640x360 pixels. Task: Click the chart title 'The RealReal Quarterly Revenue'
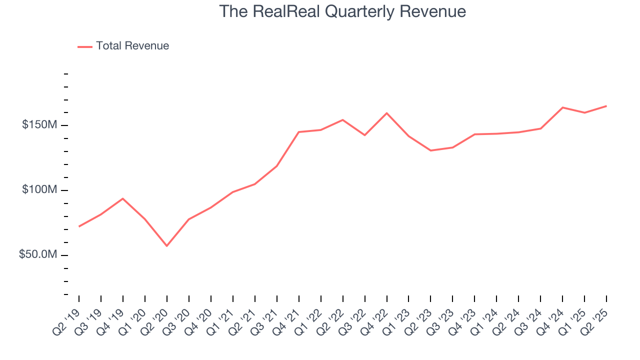point(342,12)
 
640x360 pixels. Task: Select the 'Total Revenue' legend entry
point(132,46)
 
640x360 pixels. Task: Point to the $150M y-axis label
point(39,124)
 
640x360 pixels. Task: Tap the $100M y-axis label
point(39,190)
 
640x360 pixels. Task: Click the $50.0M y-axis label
point(38,255)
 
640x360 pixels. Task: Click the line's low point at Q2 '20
point(167,246)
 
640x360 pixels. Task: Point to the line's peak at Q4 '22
point(387,113)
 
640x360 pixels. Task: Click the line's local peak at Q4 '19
point(123,198)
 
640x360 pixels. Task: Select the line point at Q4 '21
point(299,132)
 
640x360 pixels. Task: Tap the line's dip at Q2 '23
point(431,150)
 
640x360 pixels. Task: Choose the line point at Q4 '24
point(563,107)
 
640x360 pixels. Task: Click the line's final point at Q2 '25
point(606,106)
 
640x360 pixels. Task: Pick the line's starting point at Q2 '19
point(79,226)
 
